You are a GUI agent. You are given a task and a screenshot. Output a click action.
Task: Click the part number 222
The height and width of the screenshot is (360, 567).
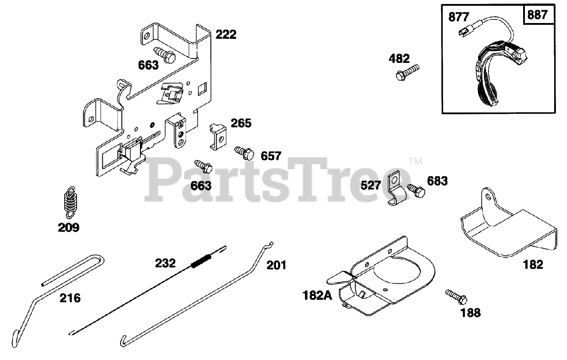point(226,35)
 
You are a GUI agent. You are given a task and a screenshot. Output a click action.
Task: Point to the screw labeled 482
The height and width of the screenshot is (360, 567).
point(407,72)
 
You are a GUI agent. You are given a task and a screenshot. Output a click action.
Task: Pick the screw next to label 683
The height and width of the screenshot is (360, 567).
point(416,190)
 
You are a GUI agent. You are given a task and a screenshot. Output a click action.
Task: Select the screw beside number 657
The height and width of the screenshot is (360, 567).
point(244,153)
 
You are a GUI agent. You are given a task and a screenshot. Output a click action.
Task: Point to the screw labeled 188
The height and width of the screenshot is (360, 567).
point(456,296)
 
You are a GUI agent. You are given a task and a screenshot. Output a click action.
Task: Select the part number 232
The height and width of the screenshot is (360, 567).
point(165,263)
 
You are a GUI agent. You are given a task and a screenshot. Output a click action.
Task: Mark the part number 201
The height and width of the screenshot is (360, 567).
point(276,265)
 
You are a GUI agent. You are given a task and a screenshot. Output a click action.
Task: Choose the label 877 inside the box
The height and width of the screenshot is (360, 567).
point(459,17)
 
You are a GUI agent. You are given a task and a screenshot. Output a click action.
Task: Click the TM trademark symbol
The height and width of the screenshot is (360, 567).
point(415,162)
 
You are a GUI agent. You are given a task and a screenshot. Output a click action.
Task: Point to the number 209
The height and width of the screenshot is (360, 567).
point(69,228)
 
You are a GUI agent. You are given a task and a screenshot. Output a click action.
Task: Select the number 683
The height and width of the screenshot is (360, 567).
point(437,181)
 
